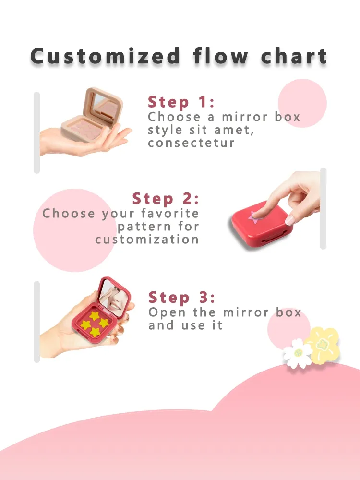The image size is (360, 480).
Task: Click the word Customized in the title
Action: [x=105, y=56]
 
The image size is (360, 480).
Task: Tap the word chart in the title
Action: [x=294, y=56]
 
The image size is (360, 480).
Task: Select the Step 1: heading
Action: [x=181, y=102]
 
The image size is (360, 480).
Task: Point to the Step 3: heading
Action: [x=182, y=297]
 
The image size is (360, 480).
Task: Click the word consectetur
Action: [x=192, y=143]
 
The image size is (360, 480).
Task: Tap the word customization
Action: [x=147, y=240]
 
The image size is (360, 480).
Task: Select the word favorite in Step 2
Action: [x=170, y=213]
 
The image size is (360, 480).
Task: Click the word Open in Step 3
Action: [x=167, y=313]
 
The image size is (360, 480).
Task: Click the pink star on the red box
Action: [x=254, y=217]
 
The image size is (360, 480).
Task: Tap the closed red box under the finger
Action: [x=262, y=224]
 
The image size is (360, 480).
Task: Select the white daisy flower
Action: [x=298, y=353]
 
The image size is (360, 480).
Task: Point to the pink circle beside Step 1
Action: [x=302, y=103]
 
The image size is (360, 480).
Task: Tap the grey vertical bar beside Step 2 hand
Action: [x=323, y=208]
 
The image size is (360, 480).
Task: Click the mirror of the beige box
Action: [x=105, y=106]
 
